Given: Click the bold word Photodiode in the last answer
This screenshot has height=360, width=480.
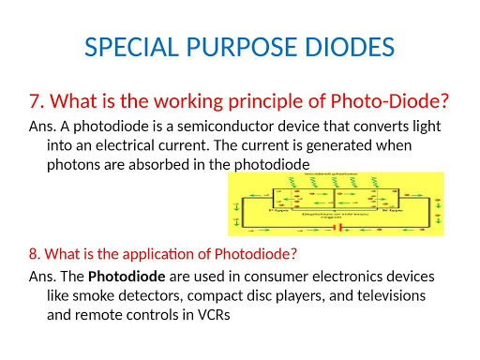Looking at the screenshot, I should pyautogui.click(x=121, y=277).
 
